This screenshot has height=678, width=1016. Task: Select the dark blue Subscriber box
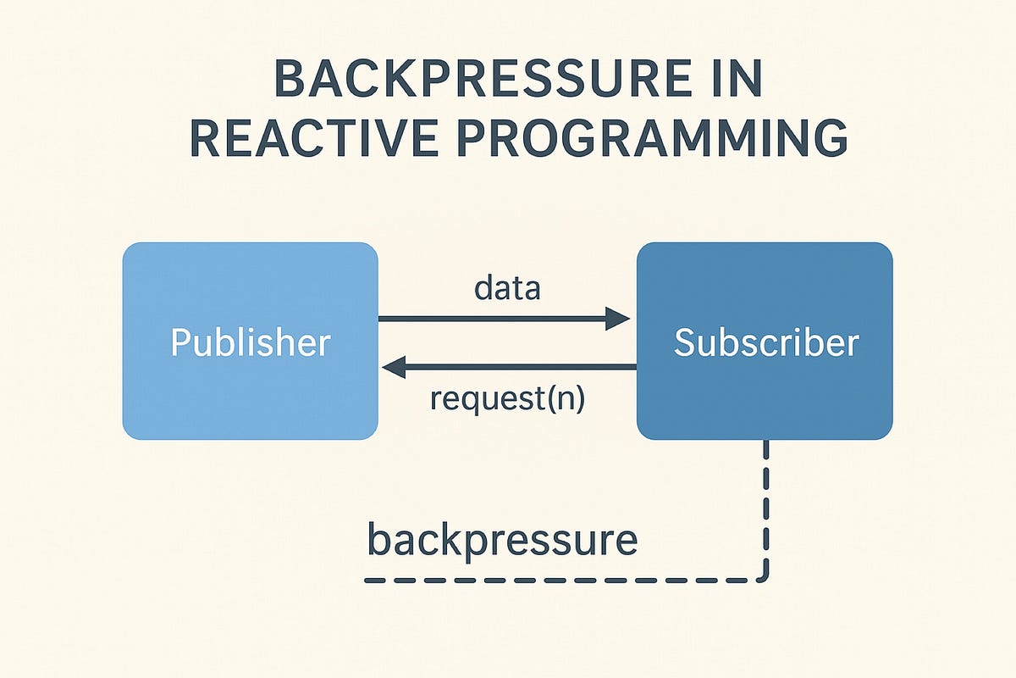[765, 398]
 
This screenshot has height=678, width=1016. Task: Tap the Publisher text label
[250, 342]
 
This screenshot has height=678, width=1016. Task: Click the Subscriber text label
[765, 342]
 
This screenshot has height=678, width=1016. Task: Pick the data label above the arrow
[507, 289]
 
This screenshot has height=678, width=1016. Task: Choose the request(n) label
[507, 397]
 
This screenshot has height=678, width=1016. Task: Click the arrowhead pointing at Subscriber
[618, 319]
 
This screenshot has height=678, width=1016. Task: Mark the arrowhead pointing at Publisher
[395, 367]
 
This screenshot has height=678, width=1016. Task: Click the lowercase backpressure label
[501, 540]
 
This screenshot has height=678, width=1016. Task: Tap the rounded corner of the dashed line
[763, 576]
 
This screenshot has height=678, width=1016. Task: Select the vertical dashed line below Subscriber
[766, 500]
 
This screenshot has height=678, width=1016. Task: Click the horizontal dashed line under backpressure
[559, 581]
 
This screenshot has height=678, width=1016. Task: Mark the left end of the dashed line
[369, 581]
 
